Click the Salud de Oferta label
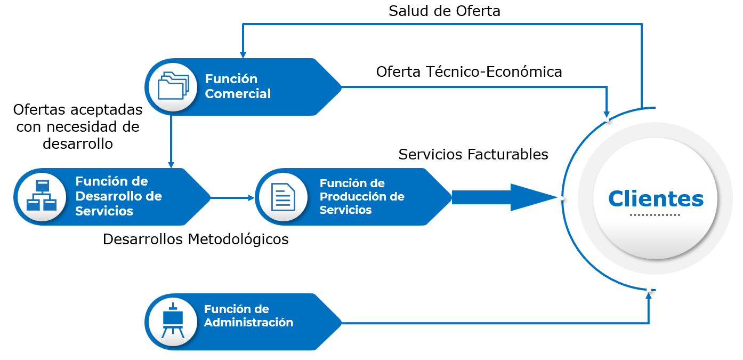[x=444, y=11]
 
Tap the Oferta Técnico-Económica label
[x=469, y=72]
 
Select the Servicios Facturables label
[x=473, y=155]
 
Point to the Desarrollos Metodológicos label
[x=196, y=239]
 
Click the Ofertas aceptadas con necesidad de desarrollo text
[x=78, y=127]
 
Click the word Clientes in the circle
[x=656, y=199]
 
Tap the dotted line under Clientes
[x=655, y=215]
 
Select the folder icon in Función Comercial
[x=173, y=86]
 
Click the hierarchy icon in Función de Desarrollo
[x=42, y=196]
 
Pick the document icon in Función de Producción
[x=283, y=197]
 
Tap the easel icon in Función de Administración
[x=173, y=321]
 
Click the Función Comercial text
[x=238, y=86]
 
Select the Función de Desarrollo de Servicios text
[x=118, y=196]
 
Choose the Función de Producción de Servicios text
[x=362, y=197]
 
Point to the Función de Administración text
[x=248, y=316]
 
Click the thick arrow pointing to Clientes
[x=504, y=197]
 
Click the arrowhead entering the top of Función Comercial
[x=243, y=55]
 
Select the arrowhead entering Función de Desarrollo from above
[x=171, y=165]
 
